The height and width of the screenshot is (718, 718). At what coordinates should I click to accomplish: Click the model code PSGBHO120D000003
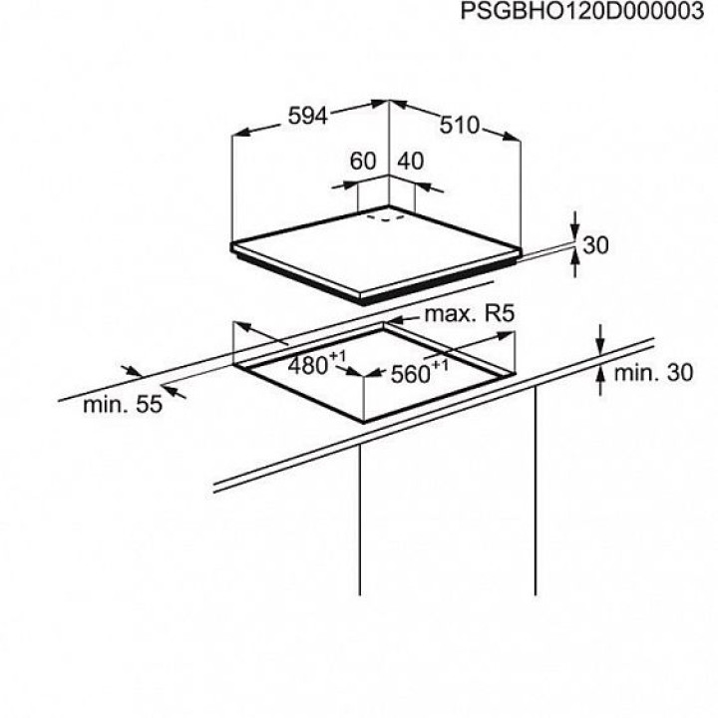582,11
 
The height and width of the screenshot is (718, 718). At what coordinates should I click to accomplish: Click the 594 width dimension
308,117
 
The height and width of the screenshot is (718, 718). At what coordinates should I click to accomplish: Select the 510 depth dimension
460,125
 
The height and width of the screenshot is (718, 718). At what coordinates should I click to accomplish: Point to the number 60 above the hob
363,161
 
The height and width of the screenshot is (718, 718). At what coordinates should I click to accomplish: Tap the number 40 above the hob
410,161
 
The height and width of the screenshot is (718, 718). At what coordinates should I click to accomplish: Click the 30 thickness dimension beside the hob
595,245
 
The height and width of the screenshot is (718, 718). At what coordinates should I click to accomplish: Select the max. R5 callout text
470,314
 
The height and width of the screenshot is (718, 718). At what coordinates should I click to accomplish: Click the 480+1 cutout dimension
316,364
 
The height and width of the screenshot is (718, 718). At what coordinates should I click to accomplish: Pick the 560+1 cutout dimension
419,372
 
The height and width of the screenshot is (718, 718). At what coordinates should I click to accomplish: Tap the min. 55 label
123,405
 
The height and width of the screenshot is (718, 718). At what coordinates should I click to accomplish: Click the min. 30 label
653,373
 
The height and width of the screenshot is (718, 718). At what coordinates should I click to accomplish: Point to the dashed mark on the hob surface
386,217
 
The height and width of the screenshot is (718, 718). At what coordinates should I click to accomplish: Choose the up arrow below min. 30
600,381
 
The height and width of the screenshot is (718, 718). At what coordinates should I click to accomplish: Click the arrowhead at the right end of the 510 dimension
512,137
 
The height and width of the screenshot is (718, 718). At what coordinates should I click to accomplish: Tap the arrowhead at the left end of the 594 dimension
241,133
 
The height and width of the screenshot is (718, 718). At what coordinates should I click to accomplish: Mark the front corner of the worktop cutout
364,422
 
